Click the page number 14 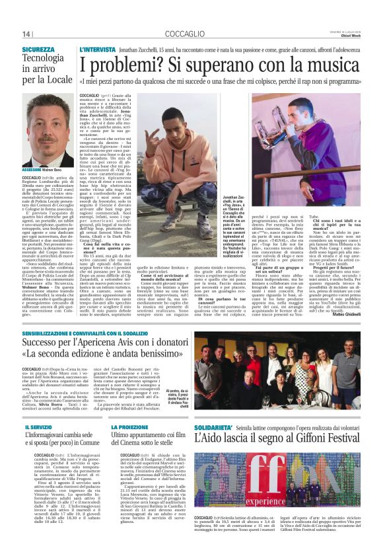pyautogui.click(x=26, y=34)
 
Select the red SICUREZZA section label pyautogui.click(x=38, y=50)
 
